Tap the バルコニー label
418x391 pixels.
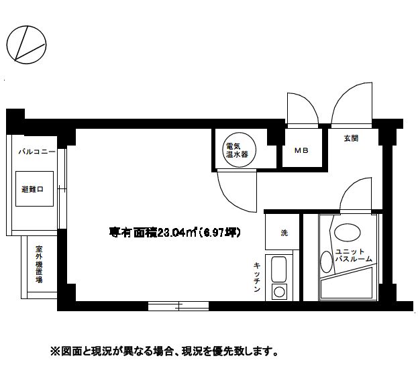coord(37,153)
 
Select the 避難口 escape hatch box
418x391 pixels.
coord(32,190)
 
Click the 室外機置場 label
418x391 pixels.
coord(38,264)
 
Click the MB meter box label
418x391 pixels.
coord(301,151)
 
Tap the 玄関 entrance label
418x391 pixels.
coord(351,139)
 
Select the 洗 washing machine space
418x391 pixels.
coord(283,233)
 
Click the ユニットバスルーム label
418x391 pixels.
coord(353,255)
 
